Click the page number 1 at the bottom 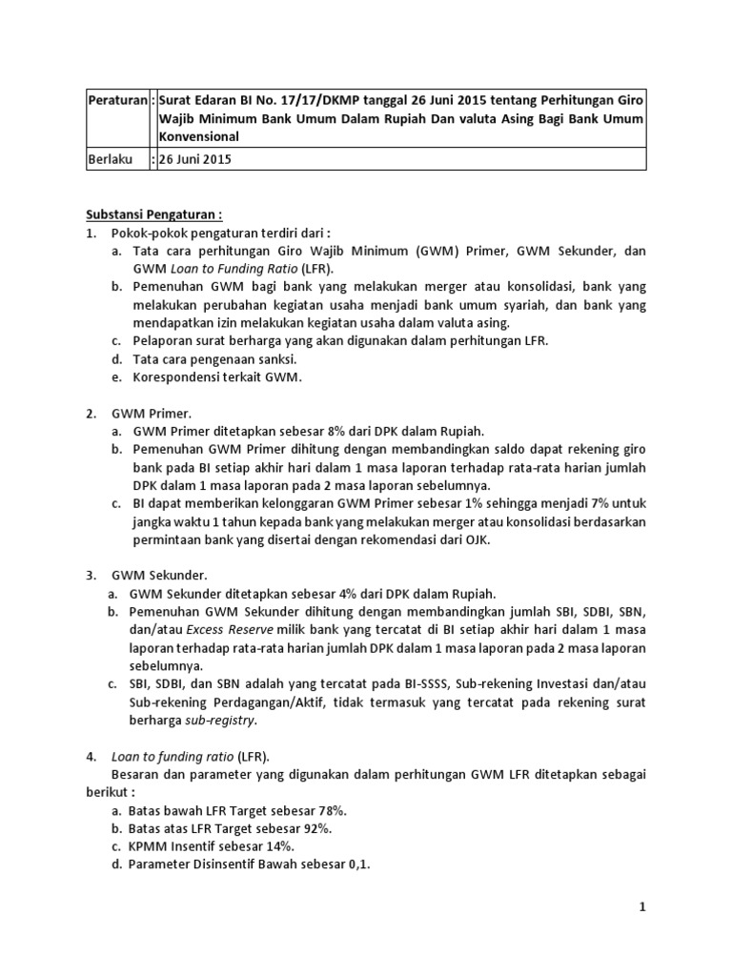coord(642,907)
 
